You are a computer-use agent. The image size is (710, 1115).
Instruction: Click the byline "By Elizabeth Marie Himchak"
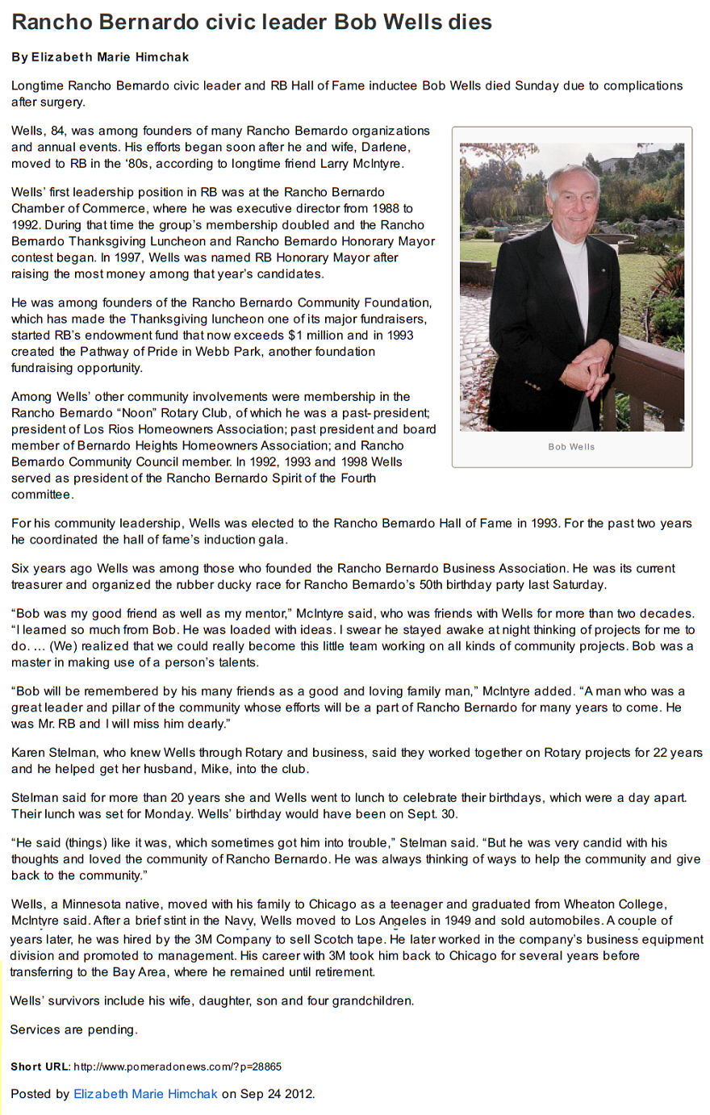[x=100, y=57]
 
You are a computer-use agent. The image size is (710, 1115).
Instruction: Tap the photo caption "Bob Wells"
[x=571, y=446]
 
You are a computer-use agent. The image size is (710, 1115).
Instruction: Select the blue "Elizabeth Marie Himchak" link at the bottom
[x=146, y=1094]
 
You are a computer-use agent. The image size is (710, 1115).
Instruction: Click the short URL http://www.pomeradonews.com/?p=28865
[x=177, y=1067]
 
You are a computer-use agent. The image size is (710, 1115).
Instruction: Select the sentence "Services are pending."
[x=73, y=1029]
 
